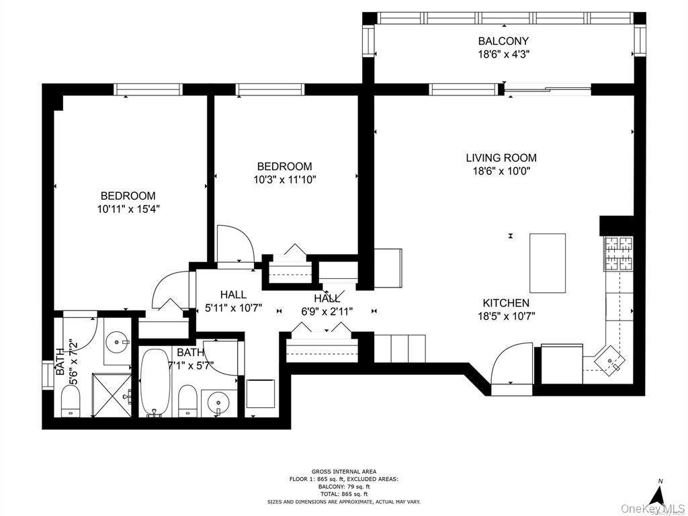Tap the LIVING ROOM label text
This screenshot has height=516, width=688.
point(501,159)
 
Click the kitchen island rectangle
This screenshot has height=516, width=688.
point(548,262)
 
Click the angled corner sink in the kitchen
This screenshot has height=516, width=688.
point(611,360)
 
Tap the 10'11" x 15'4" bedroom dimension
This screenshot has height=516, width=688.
point(128,209)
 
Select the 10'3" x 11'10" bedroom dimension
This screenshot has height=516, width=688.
point(284,179)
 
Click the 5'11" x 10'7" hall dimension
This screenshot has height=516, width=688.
point(232,308)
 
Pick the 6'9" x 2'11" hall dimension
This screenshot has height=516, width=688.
point(327,310)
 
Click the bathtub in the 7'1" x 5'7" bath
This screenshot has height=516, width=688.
point(156,382)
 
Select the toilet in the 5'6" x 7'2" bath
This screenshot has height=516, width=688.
point(71,402)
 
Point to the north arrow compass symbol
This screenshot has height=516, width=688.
point(660,495)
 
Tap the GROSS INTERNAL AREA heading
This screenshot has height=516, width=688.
point(343,472)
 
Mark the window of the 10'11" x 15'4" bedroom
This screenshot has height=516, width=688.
point(148,89)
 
